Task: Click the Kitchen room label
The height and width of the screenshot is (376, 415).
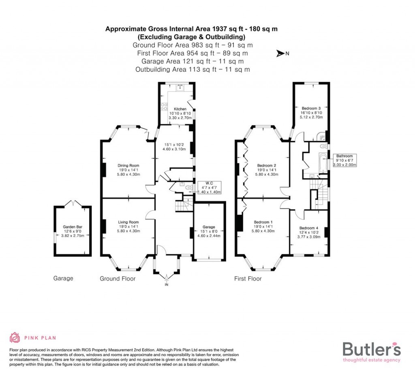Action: pos(180,109)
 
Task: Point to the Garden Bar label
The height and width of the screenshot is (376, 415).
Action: pos(73,227)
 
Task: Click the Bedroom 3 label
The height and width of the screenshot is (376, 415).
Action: pos(311,108)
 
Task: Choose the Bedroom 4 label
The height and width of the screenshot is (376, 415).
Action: pos(309,228)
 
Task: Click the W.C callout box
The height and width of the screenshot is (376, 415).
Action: pos(209,187)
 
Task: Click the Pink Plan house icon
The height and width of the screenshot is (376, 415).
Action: pos(15,338)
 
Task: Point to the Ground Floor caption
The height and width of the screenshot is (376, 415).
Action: pos(118,279)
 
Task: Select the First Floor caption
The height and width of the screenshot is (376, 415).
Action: pos(248,279)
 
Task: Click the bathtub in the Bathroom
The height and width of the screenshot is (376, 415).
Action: pos(323,163)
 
